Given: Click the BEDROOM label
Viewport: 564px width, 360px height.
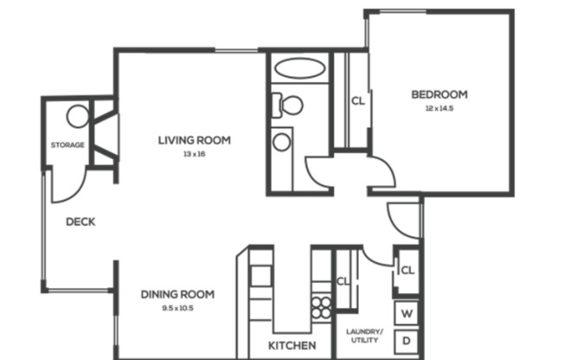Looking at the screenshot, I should tap(439, 94).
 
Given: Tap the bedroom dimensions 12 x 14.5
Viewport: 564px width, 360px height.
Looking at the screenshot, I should tap(439, 109).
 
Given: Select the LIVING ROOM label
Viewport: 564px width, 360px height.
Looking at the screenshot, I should tap(194, 139).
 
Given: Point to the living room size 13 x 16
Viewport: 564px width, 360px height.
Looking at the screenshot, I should tap(194, 154).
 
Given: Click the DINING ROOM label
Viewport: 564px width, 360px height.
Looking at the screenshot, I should tap(177, 294).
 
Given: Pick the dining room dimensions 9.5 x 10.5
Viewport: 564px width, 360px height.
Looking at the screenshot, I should tap(177, 308).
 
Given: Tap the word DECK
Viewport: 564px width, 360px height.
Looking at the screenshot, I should tap(80, 222).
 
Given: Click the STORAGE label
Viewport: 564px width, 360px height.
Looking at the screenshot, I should tap(67, 145).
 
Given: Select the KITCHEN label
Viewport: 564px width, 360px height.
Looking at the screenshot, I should tap(292, 346).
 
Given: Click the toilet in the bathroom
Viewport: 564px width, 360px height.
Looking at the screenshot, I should tap(290, 106).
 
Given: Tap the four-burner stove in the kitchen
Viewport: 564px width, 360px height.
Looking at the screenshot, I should tap(322, 307).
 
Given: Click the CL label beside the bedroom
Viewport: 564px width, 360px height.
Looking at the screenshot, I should tap(357, 100).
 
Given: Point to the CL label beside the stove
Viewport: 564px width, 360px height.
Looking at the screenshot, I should tap(342, 281).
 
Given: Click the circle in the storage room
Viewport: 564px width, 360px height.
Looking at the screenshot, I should tap(78, 116).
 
